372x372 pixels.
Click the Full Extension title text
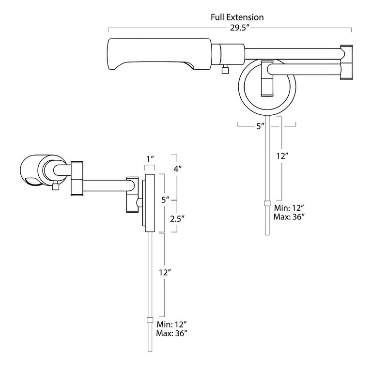tap(237, 17)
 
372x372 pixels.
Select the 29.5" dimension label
tap(237, 28)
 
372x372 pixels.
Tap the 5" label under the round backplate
tap(261, 126)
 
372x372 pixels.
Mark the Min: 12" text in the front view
tap(289, 208)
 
